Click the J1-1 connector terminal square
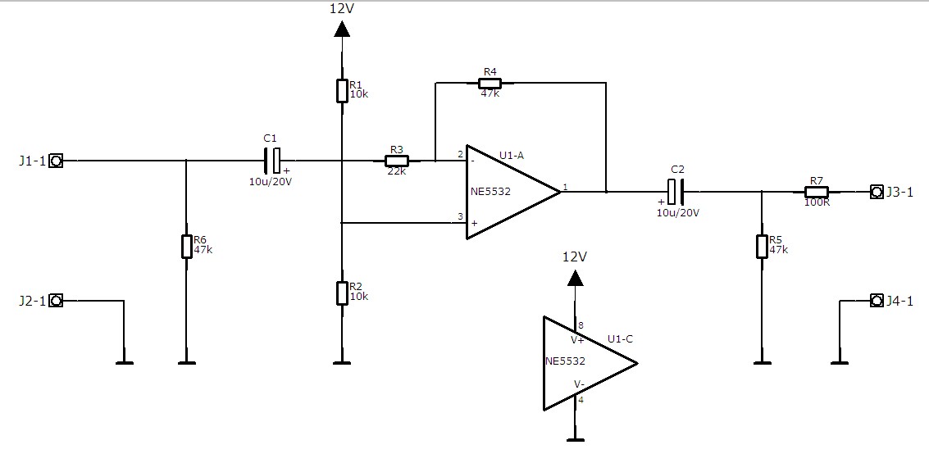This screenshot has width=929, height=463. [56, 161]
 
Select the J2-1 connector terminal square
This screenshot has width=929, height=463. [56, 301]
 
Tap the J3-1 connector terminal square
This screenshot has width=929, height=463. [876, 192]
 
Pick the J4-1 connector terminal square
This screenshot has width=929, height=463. [876, 301]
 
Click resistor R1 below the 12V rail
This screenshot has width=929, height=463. [342, 90]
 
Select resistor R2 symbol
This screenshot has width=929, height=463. [342, 293]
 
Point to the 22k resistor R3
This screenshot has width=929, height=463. [397, 161]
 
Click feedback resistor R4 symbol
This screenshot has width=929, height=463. [490, 83]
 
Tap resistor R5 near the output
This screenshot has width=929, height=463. [762, 246]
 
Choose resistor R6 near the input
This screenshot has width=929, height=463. [186, 246]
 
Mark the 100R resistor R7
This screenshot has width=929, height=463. [816, 192]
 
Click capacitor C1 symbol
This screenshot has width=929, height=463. [272, 161]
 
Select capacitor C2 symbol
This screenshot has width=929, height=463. [676, 192]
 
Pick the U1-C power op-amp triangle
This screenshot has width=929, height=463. [585, 362]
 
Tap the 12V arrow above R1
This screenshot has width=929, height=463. [342, 30]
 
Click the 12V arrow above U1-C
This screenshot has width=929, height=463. [576, 278]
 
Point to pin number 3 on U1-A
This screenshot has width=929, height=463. [460, 217]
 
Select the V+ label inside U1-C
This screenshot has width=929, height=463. [577, 338]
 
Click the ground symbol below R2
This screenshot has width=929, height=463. [342, 361]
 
